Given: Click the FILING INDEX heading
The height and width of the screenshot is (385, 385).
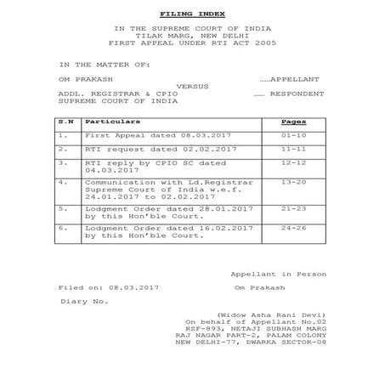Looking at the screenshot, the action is (x=192, y=14).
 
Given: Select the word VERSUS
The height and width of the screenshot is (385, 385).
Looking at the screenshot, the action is (x=193, y=86).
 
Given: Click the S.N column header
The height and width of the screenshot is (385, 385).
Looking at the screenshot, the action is (x=65, y=122).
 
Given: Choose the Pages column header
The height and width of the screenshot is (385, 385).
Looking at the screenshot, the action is (x=293, y=122).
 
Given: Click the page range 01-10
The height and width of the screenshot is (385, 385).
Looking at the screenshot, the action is (x=293, y=134).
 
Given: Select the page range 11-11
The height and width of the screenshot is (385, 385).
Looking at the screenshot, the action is (x=293, y=148).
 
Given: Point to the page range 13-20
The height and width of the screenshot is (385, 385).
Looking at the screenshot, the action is (x=293, y=182).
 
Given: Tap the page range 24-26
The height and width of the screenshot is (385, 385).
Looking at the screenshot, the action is (x=293, y=229).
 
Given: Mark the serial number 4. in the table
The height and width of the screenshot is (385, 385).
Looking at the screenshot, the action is (x=63, y=182).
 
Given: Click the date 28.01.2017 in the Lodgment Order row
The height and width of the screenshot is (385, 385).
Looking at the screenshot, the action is (x=199, y=207).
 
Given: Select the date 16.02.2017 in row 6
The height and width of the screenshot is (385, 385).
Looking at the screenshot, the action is (x=199, y=229).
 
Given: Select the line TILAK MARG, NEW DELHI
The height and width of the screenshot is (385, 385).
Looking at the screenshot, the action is (x=192, y=36).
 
